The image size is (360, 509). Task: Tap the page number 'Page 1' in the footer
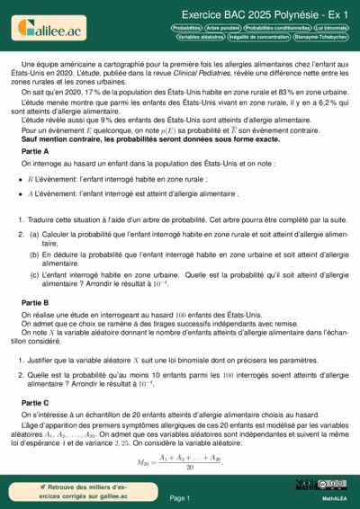pos(179,497)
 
